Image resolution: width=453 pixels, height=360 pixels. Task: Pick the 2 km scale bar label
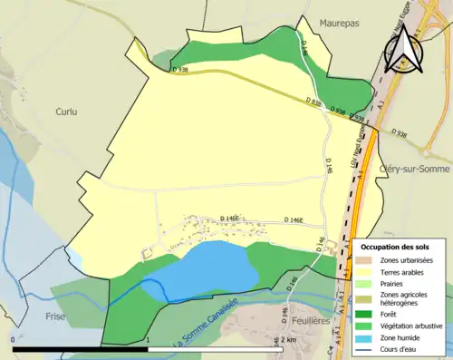click(287, 339)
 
